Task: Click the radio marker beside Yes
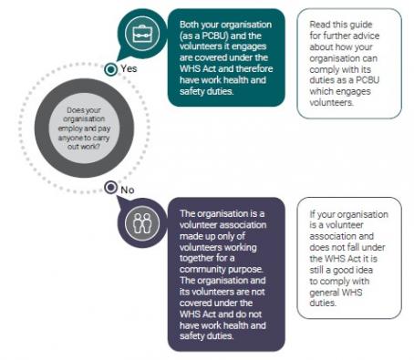[110, 68]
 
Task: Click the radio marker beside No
[110, 189]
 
